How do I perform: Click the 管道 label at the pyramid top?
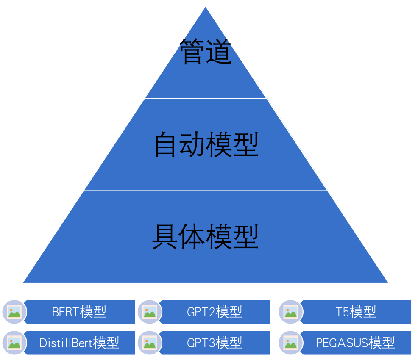tap(206, 52)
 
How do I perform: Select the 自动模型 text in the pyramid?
tap(206, 145)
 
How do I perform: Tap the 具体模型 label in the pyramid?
tap(205, 237)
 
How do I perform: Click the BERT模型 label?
tap(79, 312)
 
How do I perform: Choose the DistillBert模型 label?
tap(79, 342)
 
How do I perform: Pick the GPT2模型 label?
tap(215, 312)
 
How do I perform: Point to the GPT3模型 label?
tap(215, 342)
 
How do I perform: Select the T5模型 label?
tap(356, 312)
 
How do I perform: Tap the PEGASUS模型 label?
tap(356, 342)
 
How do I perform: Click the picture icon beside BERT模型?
tap(14, 312)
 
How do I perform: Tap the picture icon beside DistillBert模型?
tap(14, 343)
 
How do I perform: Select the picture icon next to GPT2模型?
tap(150, 312)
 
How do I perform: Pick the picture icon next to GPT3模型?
tap(150, 343)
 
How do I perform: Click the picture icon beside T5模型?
tap(291, 312)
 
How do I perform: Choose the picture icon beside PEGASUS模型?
tap(291, 343)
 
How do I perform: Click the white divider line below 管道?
tap(206, 98)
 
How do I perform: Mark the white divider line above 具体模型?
tap(206, 191)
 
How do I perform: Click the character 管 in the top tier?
tap(192, 52)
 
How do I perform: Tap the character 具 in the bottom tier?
tap(165, 237)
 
